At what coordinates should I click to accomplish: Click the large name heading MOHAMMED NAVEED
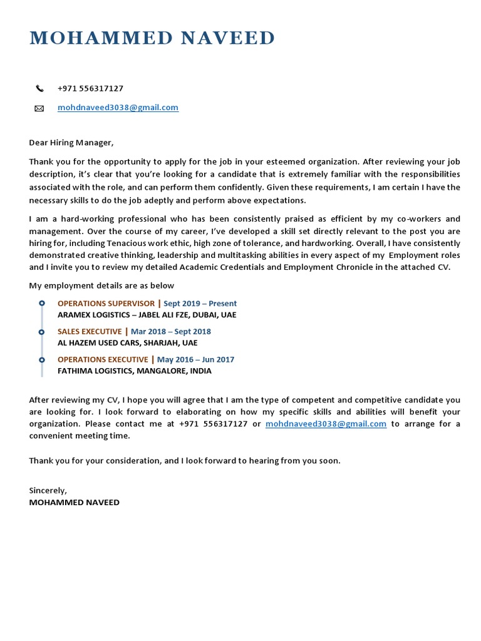point(152,38)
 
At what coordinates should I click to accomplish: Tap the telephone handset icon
point(39,89)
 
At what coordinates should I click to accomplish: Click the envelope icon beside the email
point(39,108)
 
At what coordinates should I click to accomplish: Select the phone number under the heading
point(90,88)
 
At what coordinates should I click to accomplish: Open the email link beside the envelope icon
point(118,107)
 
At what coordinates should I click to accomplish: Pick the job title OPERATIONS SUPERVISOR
point(106,304)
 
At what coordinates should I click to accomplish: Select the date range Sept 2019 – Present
point(200,304)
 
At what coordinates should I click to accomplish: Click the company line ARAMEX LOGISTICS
point(147,315)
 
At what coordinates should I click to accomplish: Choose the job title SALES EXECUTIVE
point(90,331)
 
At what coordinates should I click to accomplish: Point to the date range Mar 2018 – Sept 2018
point(170,331)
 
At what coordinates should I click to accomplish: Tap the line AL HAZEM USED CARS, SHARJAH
point(127,342)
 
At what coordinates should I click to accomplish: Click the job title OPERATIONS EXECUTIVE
point(103,359)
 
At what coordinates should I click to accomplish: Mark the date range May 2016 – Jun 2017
point(195,359)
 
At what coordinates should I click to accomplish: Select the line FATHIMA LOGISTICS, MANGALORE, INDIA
point(134,371)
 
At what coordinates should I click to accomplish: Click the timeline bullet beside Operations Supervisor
point(42,304)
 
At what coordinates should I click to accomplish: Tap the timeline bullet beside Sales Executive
point(42,332)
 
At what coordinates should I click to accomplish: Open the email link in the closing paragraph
point(326,424)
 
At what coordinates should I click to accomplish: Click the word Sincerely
point(48,490)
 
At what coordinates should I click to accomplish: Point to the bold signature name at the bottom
point(74,502)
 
